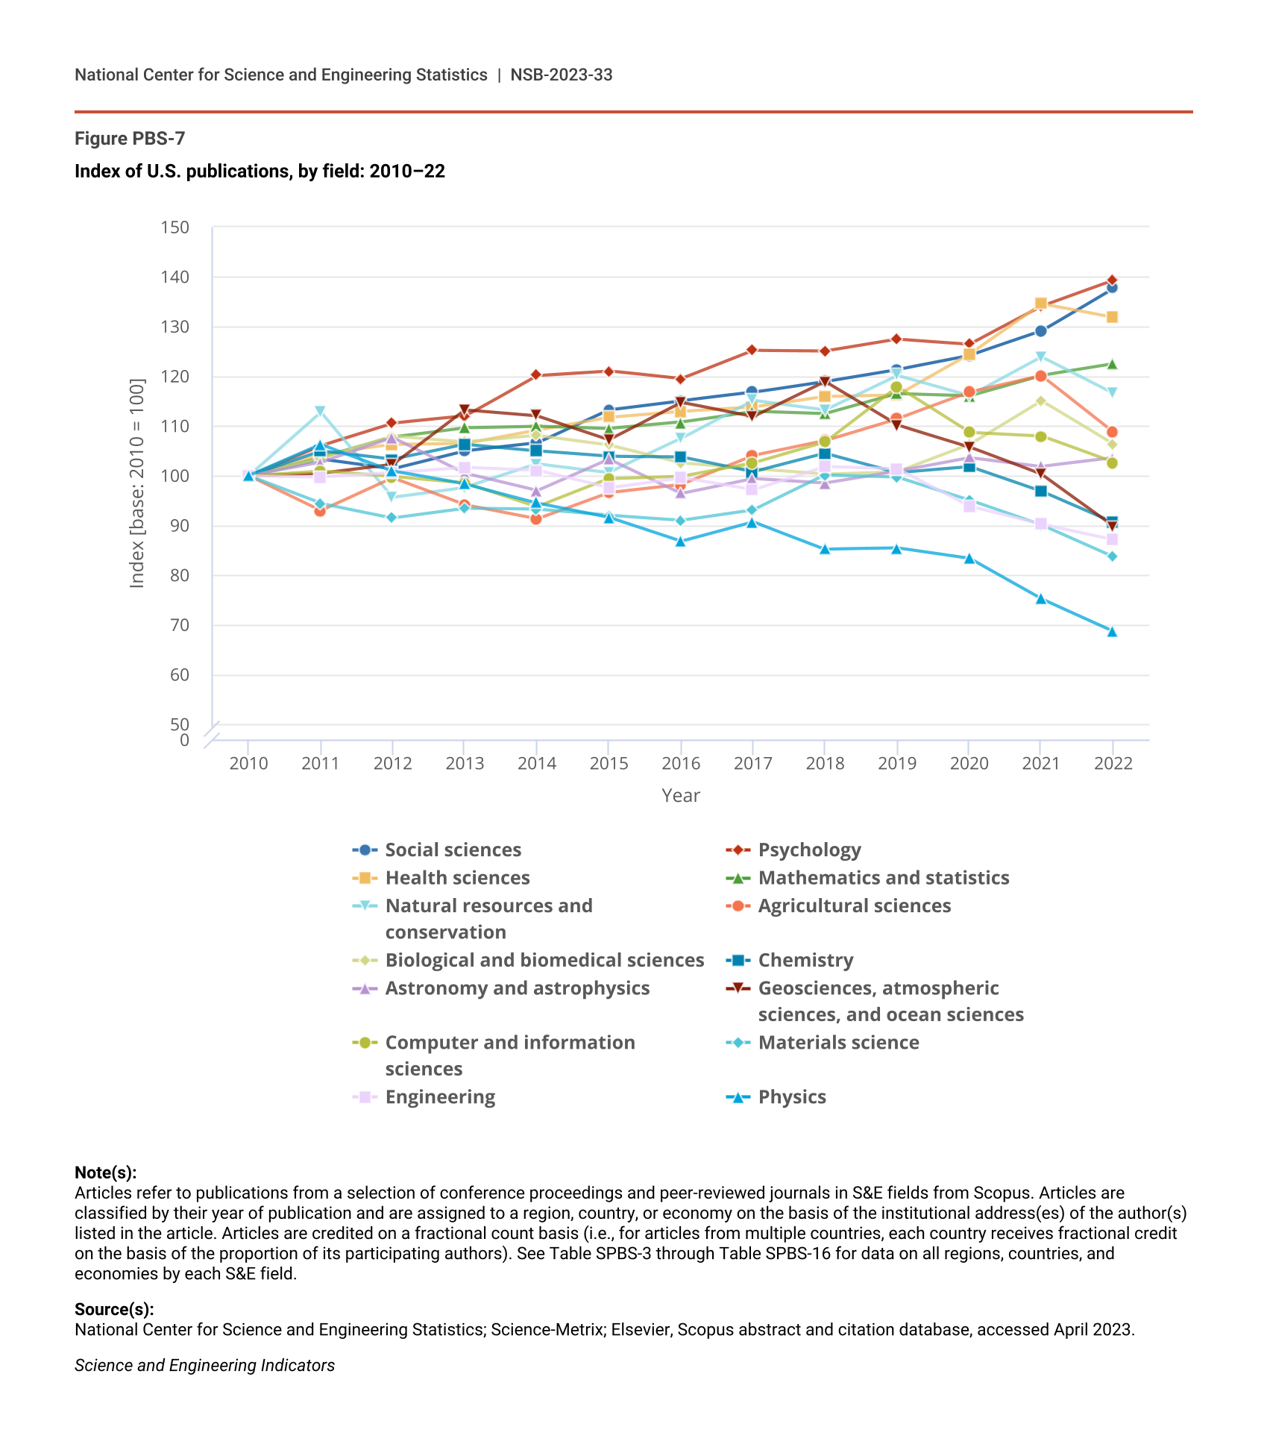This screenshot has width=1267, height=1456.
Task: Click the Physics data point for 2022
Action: [x=1112, y=632]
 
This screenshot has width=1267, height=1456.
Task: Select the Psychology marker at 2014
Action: [x=536, y=375]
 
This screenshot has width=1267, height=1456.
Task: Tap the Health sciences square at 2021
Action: [x=1040, y=304]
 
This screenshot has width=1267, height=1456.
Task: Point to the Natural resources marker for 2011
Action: [x=320, y=411]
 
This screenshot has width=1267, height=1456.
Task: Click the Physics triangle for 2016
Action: [x=680, y=542]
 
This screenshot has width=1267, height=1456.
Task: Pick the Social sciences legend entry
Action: [x=453, y=850]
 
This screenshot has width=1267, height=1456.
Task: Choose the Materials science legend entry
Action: [x=838, y=1043]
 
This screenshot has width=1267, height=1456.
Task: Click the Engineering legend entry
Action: [x=440, y=1097]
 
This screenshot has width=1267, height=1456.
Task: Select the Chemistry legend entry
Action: [x=805, y=961]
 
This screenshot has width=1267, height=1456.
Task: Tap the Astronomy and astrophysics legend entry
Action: [x=517, y=988]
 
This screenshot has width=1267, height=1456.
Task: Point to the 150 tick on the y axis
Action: [x=175, y=228]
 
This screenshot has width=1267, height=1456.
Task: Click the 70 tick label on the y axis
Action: [x=179, y=625]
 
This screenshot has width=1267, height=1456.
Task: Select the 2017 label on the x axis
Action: [x=752, y=763]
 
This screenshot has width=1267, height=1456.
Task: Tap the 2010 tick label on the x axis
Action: [x=248, y=763]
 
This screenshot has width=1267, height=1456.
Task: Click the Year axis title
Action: [x=680, y=796]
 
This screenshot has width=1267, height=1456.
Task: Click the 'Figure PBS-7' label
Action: [x=130, y=139]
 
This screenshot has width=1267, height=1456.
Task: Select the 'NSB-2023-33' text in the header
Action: [x=562, y=75]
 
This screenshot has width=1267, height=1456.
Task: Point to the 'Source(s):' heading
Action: [x=114, y=1309]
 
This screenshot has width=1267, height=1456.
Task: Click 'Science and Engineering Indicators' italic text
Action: [x=204, y=1365]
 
